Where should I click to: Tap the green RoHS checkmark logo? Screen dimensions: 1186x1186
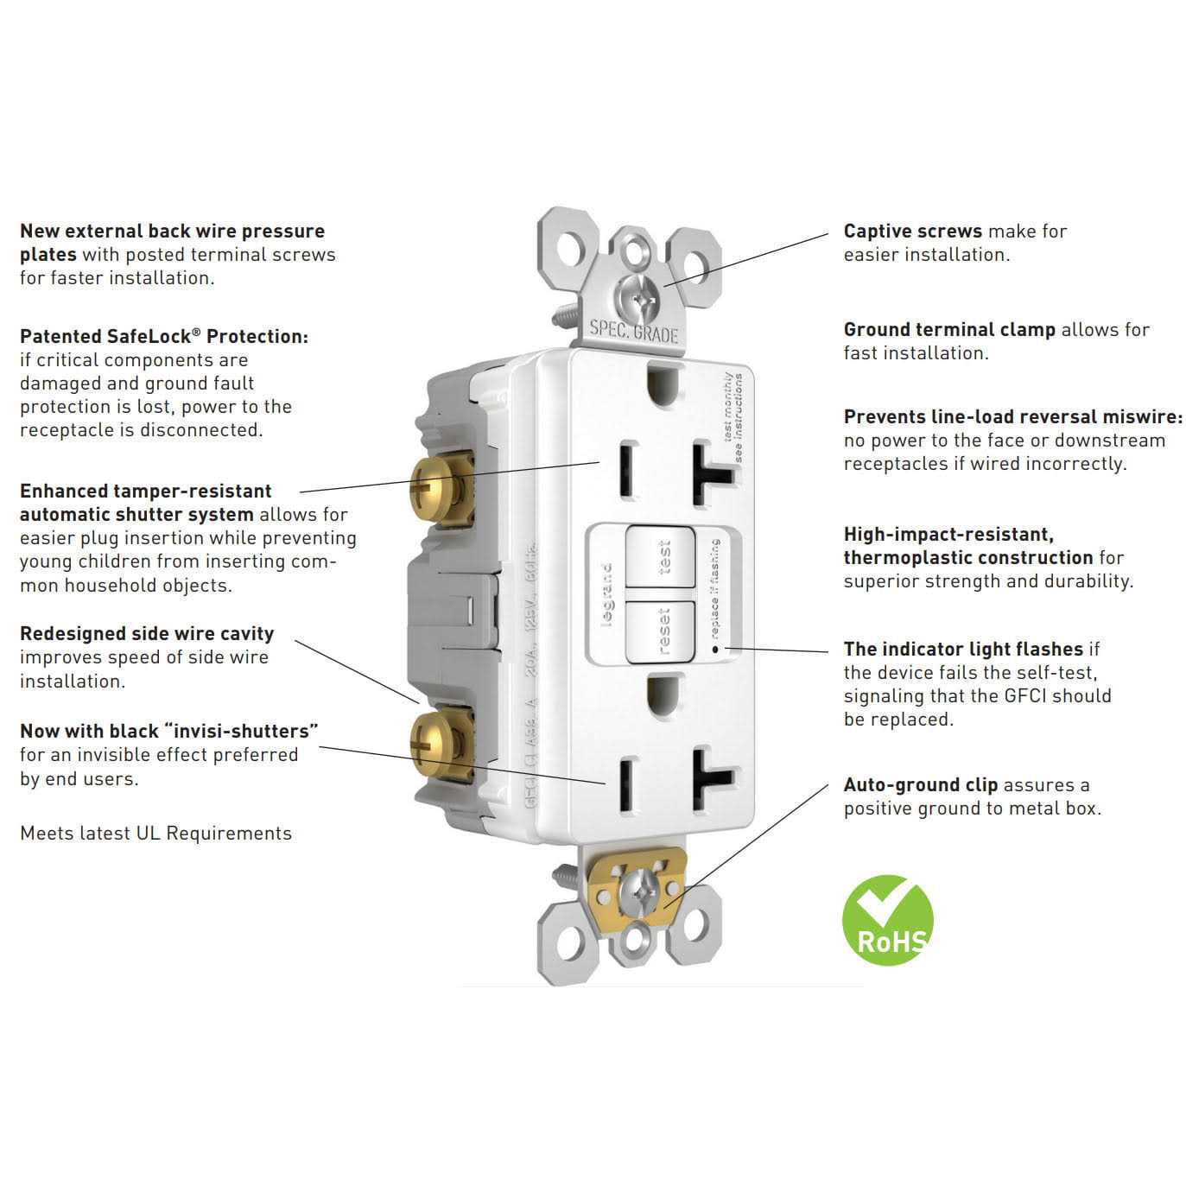pyautogui.click(x=887, y=919)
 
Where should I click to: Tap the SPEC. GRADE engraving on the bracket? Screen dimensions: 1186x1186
pyautogui.click(x=633, y=332)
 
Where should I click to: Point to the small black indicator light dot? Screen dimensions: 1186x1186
pyautogui.click(x=714, y=647)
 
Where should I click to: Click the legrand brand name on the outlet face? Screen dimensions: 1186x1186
pyautogui.click(x=606, y=596)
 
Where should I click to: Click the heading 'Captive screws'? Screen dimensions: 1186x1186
pyautogui.click(x=912, y=231)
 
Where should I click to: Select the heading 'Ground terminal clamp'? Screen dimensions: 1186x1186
pyautogui.click(x=948, y=330)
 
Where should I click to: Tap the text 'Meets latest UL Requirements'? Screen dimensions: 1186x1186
pyautogui.click(x=155, y=834)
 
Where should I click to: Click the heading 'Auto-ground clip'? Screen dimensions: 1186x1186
pyautogui.click(x=920, y=785)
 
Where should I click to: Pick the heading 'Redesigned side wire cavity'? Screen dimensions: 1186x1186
pyautogui.click(x=147, y=634)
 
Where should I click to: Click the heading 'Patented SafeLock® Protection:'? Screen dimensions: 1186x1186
pyautogui.click(x=163, y=337)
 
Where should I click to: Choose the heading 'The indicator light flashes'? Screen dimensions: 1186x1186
pyautogui.click(x=962, y=650)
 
